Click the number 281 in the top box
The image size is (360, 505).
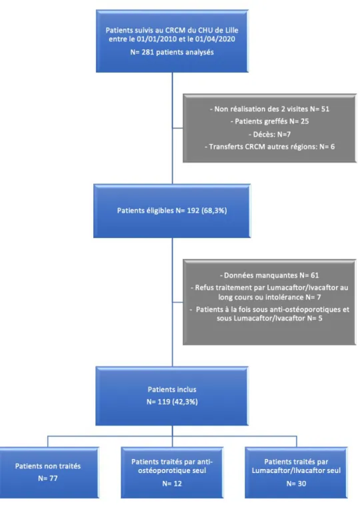click(148, 52)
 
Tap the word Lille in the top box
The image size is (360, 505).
click(231, 30)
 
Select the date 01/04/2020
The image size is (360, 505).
click(215, 39)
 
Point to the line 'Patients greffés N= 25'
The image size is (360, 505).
click(269, 121)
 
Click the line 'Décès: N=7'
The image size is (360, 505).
click(269, 134)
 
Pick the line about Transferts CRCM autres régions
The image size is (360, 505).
click(269, 147)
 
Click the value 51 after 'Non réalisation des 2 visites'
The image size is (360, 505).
click(325, 109)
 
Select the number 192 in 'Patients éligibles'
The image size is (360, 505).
click(193, 211)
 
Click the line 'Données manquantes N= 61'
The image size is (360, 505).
click(269, 276)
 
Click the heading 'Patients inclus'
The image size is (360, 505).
click(172, 390)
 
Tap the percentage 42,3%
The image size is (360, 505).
click(185, 402)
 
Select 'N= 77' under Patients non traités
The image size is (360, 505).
click(48, 478)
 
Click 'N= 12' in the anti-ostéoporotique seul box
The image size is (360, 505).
click(172, 484)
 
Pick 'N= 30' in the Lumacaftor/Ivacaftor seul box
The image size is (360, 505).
click(296, 484)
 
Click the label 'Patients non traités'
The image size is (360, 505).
click(48, 466)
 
